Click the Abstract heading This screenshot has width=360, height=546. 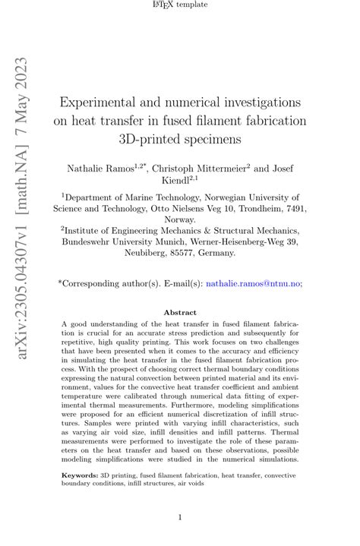(181, 313)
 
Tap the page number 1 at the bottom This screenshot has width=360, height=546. (180, 519)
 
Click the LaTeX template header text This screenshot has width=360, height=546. (181, 5)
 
